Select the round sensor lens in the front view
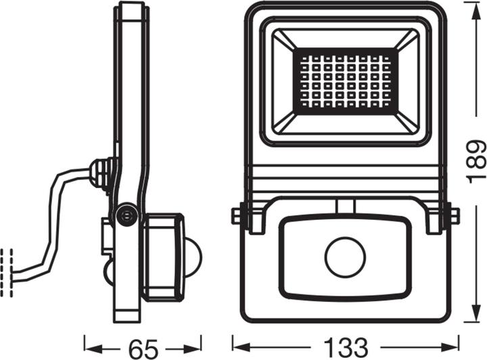pyautogui.click(x=344, y=257)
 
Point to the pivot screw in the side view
pyautogui.click(x=125, y=216)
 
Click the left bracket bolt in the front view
pyautogui.click(x=237, y=216)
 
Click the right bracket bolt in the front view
pyautogui.click(x=452, y=216)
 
